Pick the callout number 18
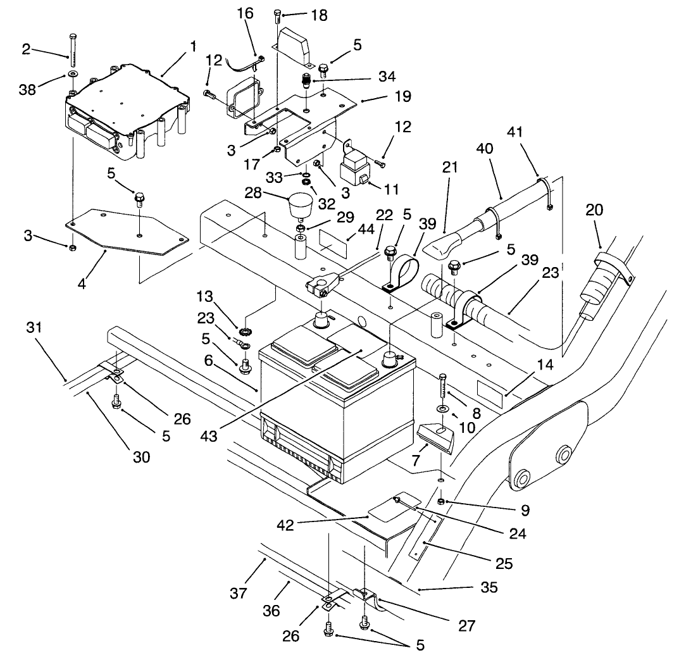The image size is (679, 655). (319, 16)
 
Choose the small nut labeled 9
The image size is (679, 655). (447, 502)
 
